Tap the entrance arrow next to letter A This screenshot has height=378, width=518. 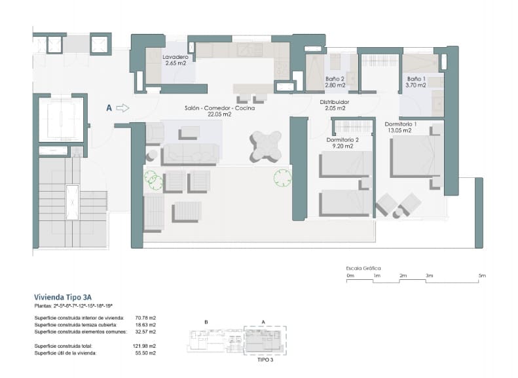122,109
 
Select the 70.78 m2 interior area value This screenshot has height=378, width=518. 145,318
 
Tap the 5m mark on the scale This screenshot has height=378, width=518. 481,276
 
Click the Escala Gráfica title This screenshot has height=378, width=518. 363,268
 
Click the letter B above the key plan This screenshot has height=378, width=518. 206,322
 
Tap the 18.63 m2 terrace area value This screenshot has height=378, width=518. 145,326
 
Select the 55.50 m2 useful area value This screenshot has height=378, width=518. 145,353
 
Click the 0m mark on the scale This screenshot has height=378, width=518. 350,276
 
